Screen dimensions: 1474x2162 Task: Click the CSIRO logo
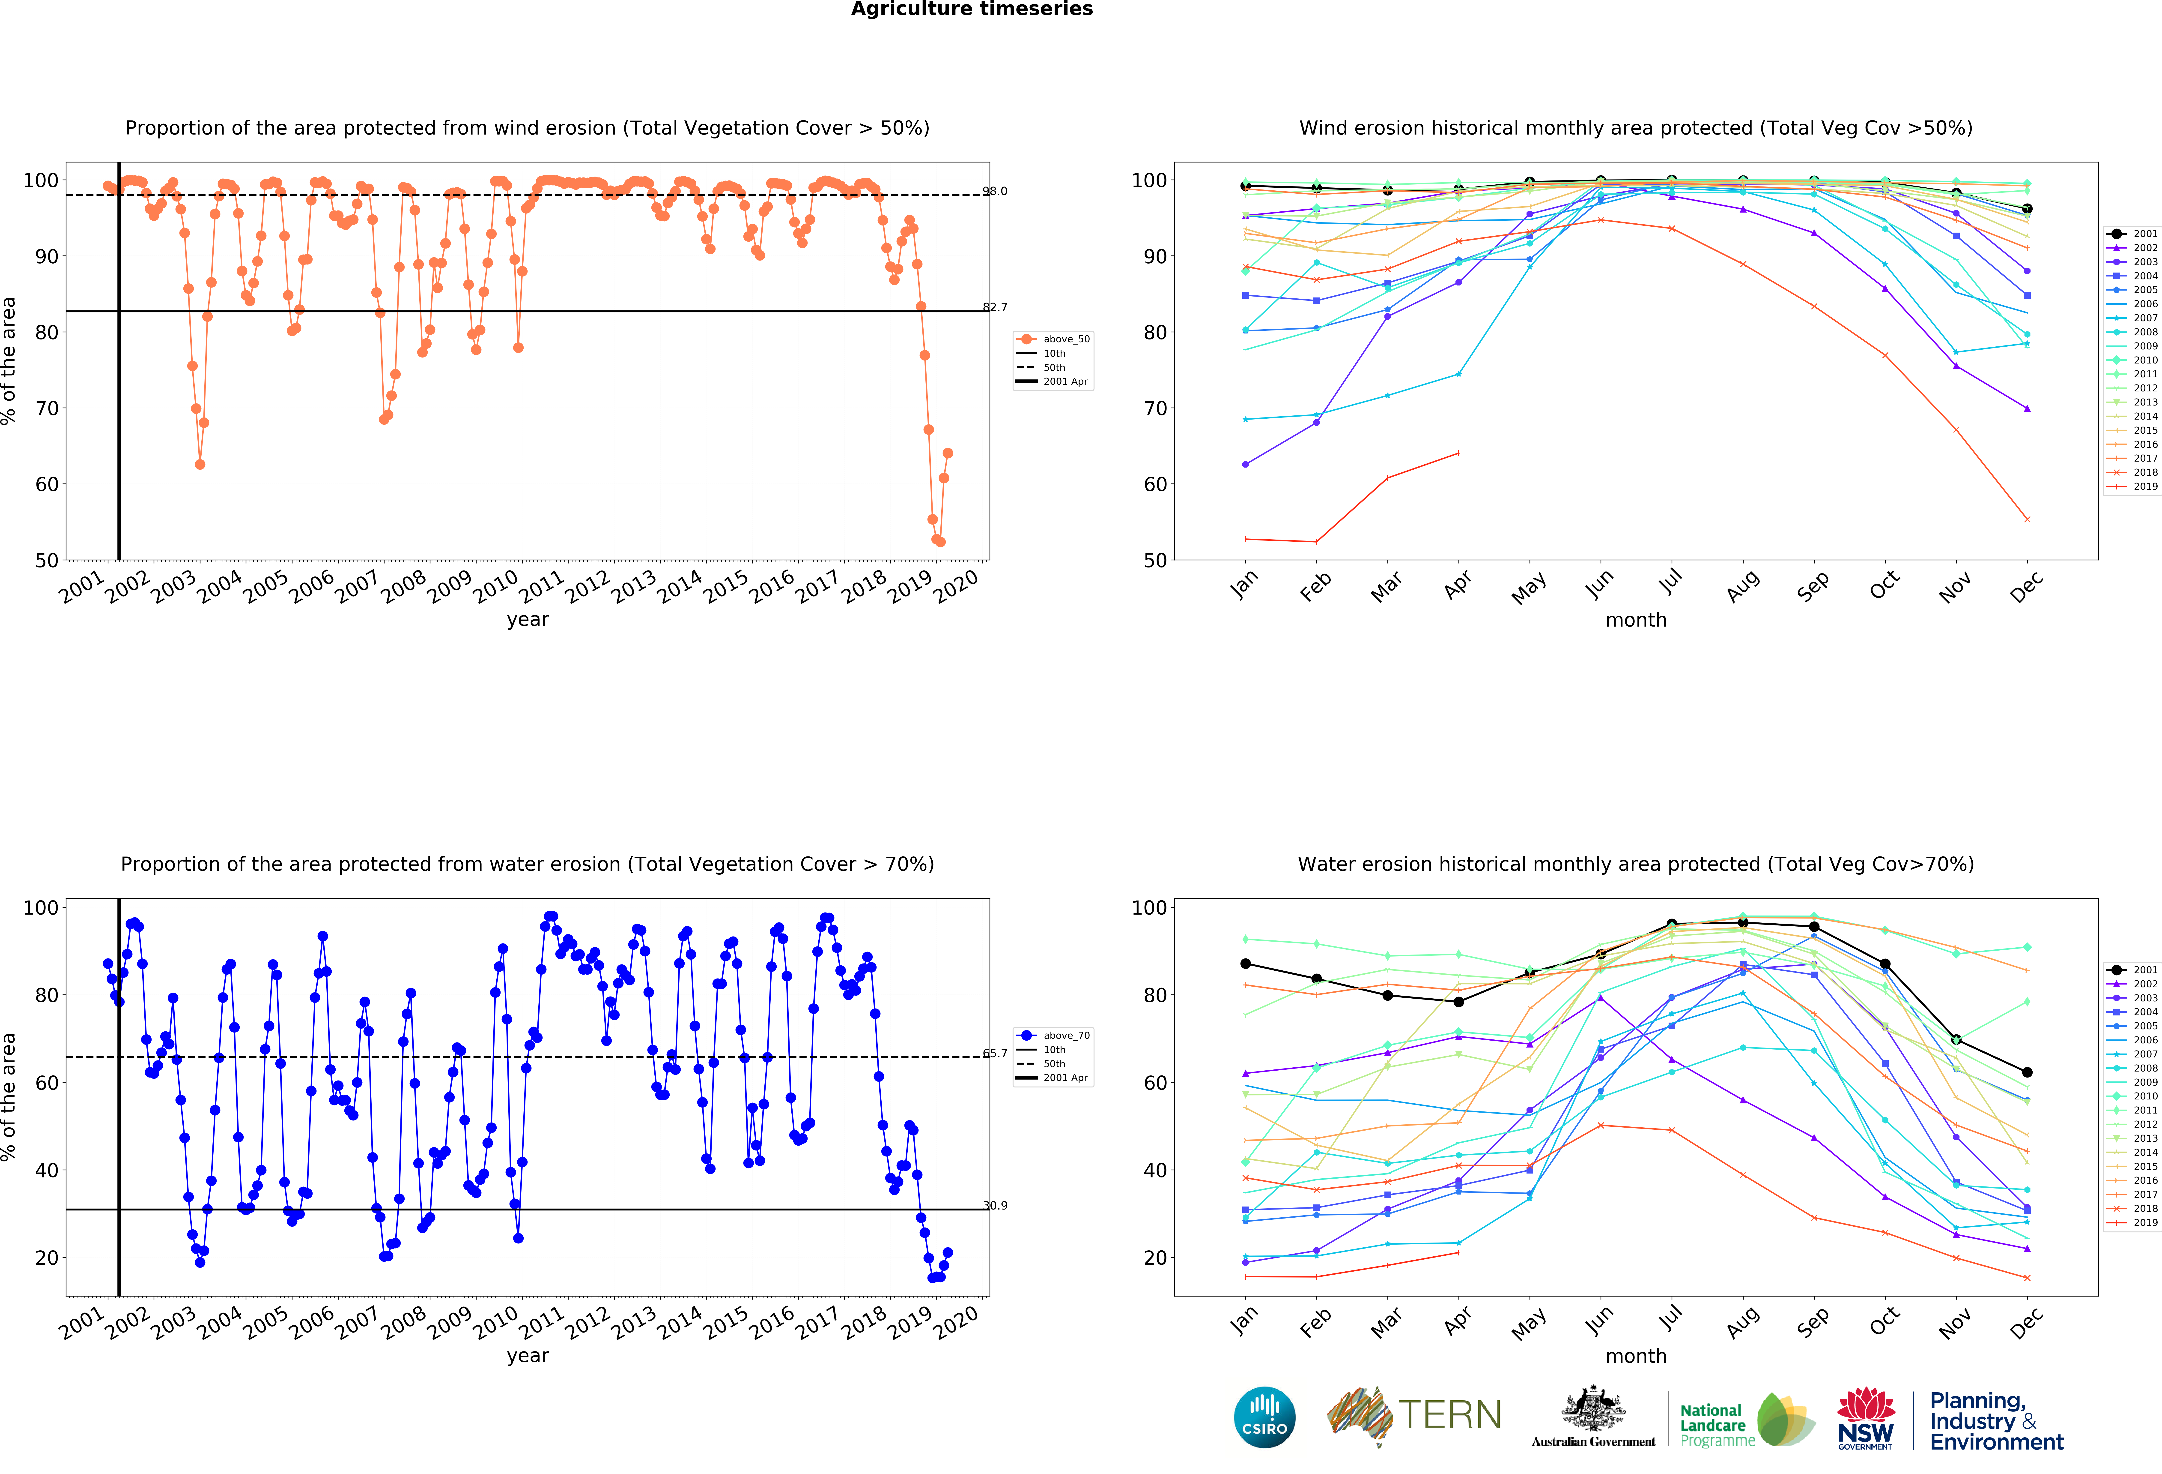click(1264, 1417)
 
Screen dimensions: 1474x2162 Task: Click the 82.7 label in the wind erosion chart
click(995, 307)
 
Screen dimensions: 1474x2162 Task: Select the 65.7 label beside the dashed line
click(995, 1053)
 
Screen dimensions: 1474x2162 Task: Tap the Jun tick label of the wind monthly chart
click(1598, 584)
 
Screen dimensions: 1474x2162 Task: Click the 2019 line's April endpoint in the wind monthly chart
click(1458, 453)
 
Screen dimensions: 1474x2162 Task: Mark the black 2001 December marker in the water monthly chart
click(2027, 1072)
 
